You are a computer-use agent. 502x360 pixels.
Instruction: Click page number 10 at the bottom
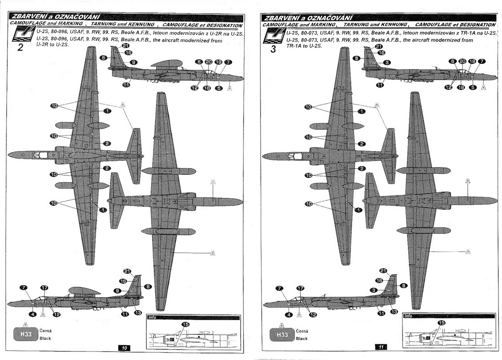[x=124, y=348]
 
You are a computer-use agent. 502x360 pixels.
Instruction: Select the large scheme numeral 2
[x=20, y=48]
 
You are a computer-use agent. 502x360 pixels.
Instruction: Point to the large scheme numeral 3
[x=273, y=49]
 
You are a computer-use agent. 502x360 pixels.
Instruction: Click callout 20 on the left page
[x=209, y=62]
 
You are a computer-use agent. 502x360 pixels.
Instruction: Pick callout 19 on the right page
[x=472, y=61]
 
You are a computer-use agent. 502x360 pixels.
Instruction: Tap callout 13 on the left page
[x=138, y=313]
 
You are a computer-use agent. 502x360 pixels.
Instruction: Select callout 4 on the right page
[x=289, y=315]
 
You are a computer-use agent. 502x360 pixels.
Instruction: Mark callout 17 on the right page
[x=300, y=288]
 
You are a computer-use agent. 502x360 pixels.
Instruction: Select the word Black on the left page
[x=45, y=338]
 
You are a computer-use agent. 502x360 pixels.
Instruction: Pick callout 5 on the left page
[x=218, y=88]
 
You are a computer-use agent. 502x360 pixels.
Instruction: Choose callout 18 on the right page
[x=461, y=88]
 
